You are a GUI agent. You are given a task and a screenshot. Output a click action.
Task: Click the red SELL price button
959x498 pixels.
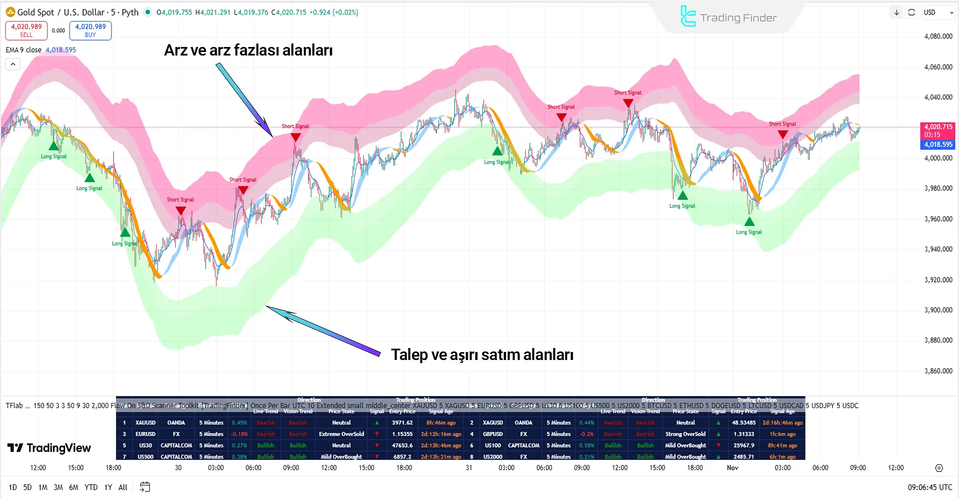(x=26, y=30)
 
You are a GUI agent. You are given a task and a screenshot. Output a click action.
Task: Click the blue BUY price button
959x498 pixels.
(x=90, y=30)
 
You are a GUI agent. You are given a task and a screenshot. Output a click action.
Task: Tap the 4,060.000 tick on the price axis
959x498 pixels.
(x=938, y=67)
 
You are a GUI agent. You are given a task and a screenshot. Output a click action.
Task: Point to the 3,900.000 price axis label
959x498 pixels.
(x=938, y=310)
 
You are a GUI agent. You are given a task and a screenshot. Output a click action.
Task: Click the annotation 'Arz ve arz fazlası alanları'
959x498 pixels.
(x=248, y=50)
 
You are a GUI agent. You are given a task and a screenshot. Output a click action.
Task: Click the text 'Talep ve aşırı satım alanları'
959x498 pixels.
(x=482, y=354)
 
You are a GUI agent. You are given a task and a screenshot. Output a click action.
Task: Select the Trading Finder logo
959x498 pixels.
(x=728, y=17)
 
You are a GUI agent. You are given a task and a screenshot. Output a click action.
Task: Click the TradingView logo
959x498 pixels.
(x=49, y=448)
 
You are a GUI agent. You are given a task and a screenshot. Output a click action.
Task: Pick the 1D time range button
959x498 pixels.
(x=13, y=487)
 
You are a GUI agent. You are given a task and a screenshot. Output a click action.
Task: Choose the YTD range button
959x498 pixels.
(x=91, y=487)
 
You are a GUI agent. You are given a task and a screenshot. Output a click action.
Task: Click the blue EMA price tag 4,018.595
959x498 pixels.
(x=938, y=144)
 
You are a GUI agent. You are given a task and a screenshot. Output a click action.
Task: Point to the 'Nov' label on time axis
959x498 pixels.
(x=733, y=468)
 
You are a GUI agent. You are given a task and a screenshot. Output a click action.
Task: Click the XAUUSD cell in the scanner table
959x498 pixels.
(x=145, y=423)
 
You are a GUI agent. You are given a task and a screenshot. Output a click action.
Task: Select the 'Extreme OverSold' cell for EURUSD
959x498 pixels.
(x=341, y=434)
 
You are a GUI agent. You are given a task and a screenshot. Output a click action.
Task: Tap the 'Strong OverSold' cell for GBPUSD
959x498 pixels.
(x=685, y=434)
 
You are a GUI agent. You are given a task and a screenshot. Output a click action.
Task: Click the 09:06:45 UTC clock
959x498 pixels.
(x=930, y=487)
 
